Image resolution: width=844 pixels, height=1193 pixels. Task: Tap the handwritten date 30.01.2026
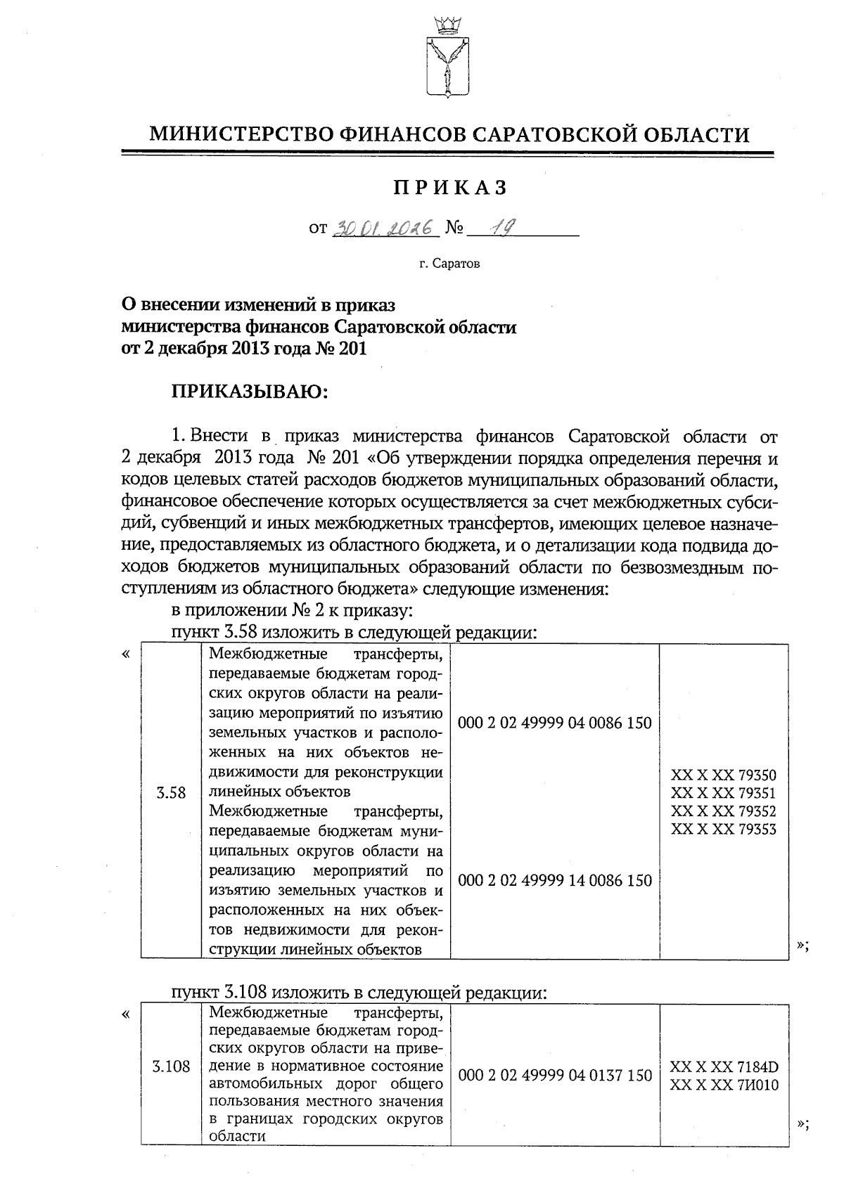coord(384,228)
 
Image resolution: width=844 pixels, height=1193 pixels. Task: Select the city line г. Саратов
coord(449,265)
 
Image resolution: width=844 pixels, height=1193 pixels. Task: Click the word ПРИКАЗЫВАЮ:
coord(250,391)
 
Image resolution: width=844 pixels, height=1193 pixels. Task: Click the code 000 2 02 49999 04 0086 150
coord(554,723)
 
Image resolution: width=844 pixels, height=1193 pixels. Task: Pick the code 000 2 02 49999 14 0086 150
coord(554,880)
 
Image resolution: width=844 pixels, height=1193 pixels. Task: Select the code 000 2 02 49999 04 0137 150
coord(554,1076)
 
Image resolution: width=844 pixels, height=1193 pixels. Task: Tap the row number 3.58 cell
coord(171,793)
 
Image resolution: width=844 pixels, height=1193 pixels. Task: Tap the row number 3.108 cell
coord(171,1066)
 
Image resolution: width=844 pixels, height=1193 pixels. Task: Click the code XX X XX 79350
coord(724,775)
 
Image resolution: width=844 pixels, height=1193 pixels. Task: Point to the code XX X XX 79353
coord(724,829)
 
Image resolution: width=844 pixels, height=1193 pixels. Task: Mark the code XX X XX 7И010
coord(724,1085)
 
